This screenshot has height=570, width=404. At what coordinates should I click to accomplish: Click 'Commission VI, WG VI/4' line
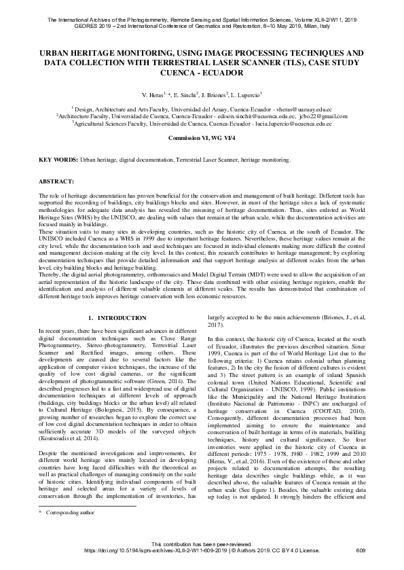(x=202, y=137)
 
